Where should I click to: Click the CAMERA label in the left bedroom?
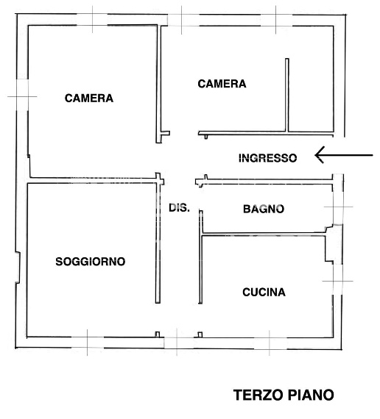[x=89, y=98]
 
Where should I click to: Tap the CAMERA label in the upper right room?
[x=222, y=84]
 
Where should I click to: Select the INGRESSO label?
[x=268, y=158]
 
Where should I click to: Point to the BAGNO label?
[x=263, y=209]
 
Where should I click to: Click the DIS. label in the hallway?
[x=179, y=207]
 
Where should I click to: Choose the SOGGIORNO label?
[x=91, y=261]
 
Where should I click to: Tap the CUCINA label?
[x=264, y=293]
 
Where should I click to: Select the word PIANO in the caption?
[x=309, y=395]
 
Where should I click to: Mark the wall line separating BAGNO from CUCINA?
[x=265, y=235]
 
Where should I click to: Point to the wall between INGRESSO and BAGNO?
[x=265, y=178]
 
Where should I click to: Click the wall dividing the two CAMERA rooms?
[x=161, y=81]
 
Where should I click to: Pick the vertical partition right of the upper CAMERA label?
[x=286, y=96]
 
